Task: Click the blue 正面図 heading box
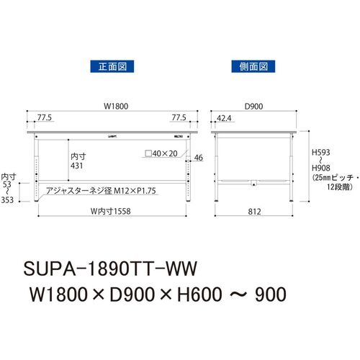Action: (112, 66)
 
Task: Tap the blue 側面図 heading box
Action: (253, 66)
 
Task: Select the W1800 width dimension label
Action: (116, 106)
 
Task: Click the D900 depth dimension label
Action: (253, 106)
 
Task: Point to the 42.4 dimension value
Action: (224, 118)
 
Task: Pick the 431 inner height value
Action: (77, 166)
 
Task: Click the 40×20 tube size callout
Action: (161, 153)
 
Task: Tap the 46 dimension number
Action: (199, 158)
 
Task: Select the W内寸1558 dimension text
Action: (111, 211)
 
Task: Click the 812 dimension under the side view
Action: (254, 212)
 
